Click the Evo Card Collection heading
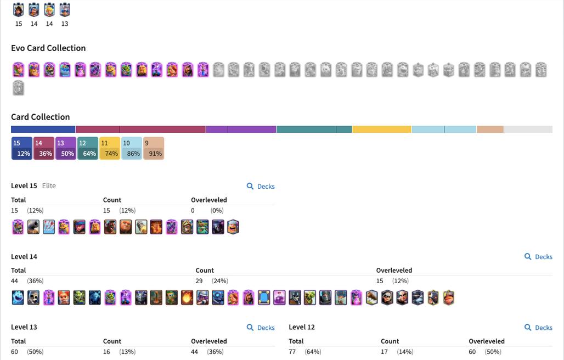pos(48,48)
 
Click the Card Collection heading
pos(41,117)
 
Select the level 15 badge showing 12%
pos(22,148)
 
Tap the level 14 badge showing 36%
pos(44,148)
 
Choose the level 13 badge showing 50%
pos(66,148)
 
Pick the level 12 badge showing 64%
pos(88,148)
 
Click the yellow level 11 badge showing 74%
pos(110,148)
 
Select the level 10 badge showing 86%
pos(132,148)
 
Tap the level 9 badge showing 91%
pos(154,148)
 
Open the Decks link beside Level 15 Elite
pos(261,187)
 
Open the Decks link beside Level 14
pos(539,257)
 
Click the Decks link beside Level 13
pos(261,328)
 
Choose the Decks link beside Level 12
pos(539,328)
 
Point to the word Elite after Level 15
pos(49,186)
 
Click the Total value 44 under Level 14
pos(15,281)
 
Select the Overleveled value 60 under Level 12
pos(472,352)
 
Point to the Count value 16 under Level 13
pos(106,352)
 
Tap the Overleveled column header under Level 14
pos(394,271)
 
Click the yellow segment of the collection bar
pos(382,130)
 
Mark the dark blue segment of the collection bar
pos(43,130)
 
